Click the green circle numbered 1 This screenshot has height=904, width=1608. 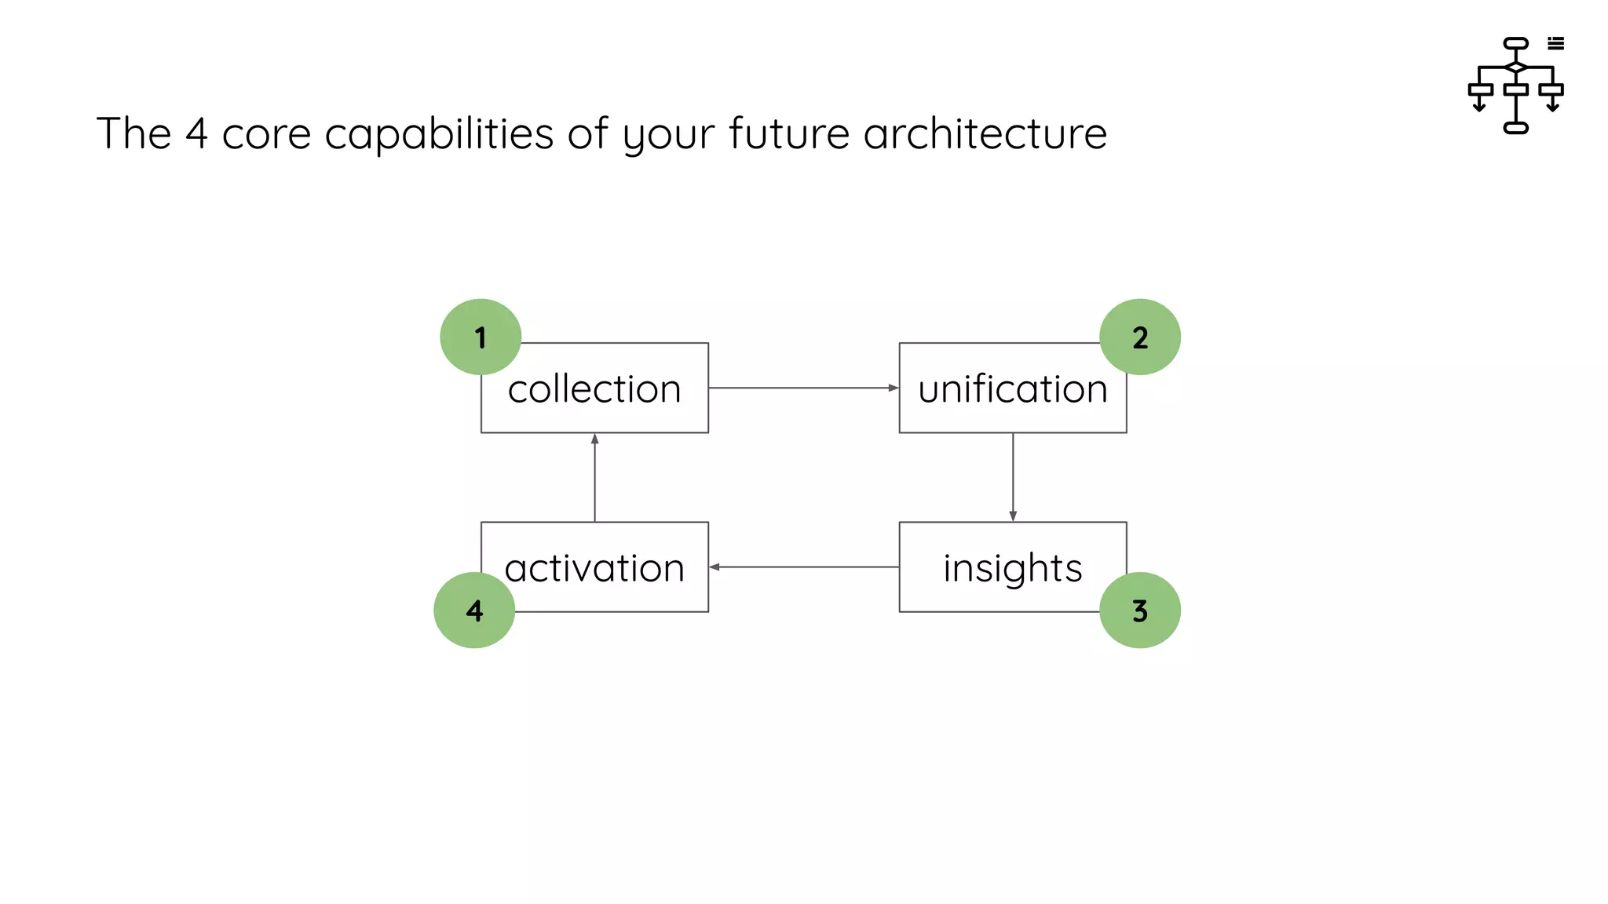coord(481,337)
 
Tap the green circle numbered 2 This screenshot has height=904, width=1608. coord(1139,337)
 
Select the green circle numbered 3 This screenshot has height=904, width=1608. coord(1139,610)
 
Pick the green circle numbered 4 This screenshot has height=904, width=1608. coord(474,610)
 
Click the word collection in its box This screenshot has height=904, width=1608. coord(594,389)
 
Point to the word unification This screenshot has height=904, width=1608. coord(1012,389)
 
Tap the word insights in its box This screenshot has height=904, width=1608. coord(1012,568)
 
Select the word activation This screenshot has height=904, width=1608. coord(594,568)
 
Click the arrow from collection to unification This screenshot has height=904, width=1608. coord(803,388)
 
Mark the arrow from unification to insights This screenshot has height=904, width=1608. coord(1013,477)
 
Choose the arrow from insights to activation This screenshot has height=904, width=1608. coord(803,567)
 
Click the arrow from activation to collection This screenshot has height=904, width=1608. coord(594,477)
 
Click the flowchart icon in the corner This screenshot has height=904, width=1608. coord(1515,85)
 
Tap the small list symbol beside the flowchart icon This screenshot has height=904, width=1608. coord(1555,44)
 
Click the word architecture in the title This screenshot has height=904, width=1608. coord(985,133)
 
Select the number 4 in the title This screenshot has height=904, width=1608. coord(196,133)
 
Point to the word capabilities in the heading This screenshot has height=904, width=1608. coord(439,133)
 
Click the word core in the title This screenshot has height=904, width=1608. coord(266,133)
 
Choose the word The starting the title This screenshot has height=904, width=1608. coord(133,133)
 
